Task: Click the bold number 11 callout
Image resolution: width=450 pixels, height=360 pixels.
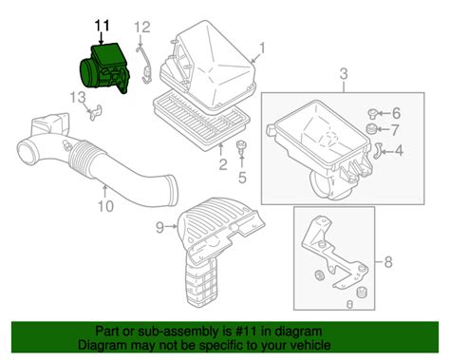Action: (x=103, y=26)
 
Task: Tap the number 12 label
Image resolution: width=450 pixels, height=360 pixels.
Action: (x=142, y=28)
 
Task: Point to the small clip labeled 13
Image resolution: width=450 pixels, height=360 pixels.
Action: (x=95, y=112)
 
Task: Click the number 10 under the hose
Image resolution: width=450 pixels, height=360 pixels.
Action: (x=105, y=206)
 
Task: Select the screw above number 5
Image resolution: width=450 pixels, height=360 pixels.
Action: (x=242, y=148)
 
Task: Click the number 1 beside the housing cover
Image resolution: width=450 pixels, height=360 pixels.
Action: (x=262, y=48)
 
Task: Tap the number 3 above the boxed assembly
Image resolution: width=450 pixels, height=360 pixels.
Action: (x=344, y=74)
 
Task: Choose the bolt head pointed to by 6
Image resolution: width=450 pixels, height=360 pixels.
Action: (x=372, y=113)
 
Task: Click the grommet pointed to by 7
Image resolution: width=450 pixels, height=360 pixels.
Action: (x=371, y=129)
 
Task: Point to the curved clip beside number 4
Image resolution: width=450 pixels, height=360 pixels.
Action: (x=377, y=150)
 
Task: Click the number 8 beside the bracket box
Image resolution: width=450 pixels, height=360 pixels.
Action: (x=388, y=262)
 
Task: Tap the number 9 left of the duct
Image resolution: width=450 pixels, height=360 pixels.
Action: (x=160, y=226)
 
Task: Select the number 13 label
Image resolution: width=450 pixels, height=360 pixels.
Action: (x=78, y=98)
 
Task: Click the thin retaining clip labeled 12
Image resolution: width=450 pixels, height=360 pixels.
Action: (x=143, y=65)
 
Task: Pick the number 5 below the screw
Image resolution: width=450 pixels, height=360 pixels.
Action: (x=242, y=178)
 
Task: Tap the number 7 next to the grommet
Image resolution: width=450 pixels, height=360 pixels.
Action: (x=394, y=129)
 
